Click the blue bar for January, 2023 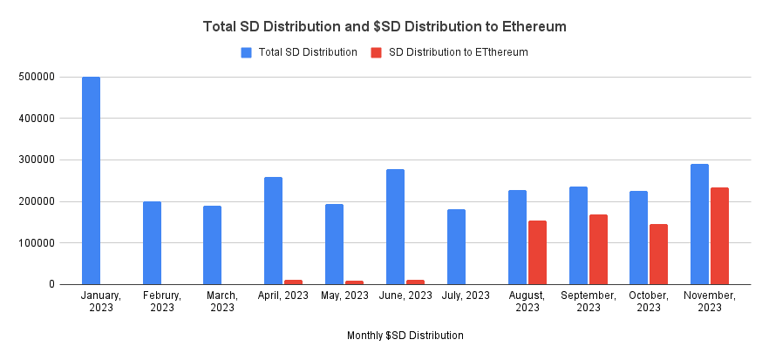91,180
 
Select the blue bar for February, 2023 152,242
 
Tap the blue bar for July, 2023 456,247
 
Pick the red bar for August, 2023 537,252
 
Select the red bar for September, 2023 598,249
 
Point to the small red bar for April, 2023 293,282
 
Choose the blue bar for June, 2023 395,227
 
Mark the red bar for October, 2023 658,254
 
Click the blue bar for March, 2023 213,245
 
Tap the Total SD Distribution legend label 308,52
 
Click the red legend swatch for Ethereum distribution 376,52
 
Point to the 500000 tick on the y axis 37,77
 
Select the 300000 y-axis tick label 37,160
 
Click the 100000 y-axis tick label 37,242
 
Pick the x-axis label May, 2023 344,295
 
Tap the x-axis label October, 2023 649,301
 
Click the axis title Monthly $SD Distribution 405,335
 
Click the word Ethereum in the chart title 530,27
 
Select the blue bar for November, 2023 699,224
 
